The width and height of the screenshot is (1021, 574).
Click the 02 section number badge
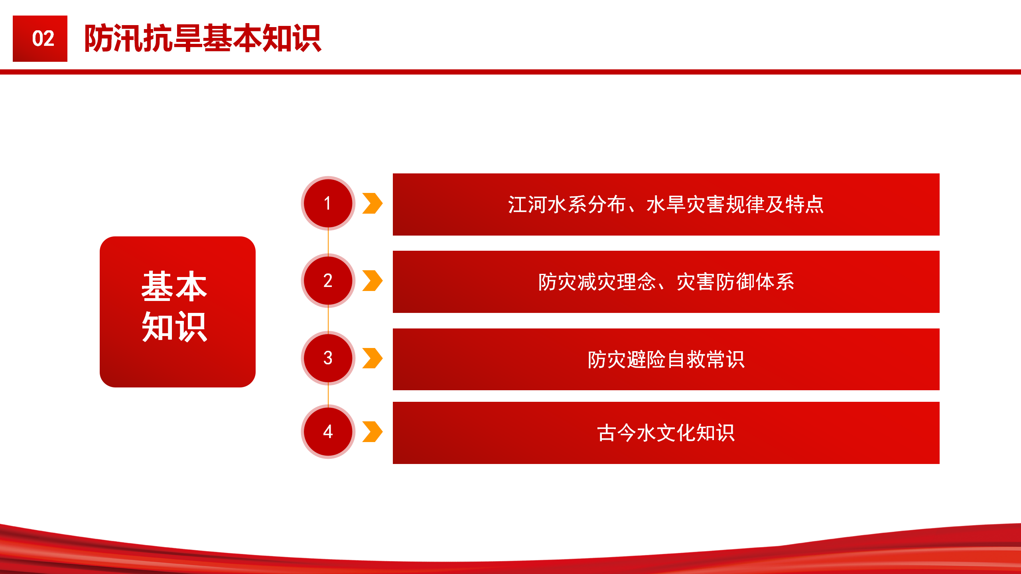click(40, 39)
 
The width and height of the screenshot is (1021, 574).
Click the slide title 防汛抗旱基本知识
click(203, 38)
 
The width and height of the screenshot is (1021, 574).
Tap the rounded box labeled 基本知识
click(177, 312)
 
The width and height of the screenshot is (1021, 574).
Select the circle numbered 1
click(328, 203)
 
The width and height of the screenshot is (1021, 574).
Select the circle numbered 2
click(328, 281)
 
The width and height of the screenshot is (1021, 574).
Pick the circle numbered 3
click(328, 358)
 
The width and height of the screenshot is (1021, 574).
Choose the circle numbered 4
click(328, 431)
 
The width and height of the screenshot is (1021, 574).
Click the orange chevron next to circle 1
click(373, 203)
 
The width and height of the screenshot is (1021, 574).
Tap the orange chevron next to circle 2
click(373, 281)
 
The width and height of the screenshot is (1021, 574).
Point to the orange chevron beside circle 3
click(373, 358)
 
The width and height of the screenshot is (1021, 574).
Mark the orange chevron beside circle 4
click(373, 432)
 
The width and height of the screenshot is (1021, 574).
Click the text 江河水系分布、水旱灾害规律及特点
click(666, 204)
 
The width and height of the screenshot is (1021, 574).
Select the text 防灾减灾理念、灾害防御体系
click(666, 282)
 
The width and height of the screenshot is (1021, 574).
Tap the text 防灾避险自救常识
click(666, 360)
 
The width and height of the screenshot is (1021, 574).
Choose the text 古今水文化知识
click(666, 433)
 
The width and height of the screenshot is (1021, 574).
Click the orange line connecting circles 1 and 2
click(328, 242)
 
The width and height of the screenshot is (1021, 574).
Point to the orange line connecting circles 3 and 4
click(328, 395)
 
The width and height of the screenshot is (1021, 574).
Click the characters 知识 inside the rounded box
click(174, 327)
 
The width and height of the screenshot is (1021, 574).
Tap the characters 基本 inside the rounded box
click(174, 286)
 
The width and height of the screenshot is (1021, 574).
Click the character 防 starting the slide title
click(99, 38)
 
